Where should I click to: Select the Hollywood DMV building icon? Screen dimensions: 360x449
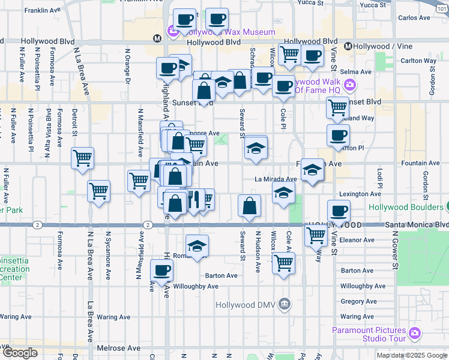pos(285,305)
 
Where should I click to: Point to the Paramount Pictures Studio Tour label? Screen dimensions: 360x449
pos(370,334)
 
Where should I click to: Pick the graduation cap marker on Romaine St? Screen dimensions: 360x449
pos(197,245)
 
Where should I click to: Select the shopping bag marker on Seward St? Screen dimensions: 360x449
pos(249,205)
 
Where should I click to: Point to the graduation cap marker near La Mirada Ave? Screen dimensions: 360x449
pos(283,193)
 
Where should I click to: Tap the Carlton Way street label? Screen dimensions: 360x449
pos(418,61)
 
